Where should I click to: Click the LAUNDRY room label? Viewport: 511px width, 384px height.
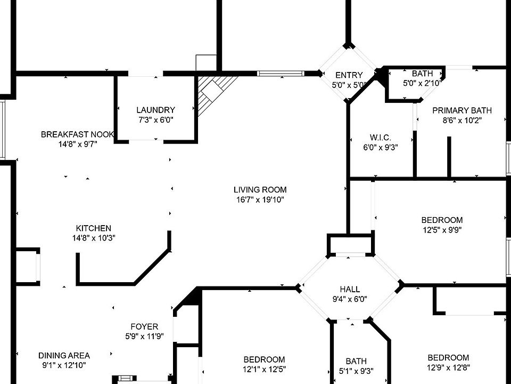tap(156, 110)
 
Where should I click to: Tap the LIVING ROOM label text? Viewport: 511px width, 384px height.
tap(260, 190)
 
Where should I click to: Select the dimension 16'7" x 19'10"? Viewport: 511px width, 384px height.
tap(260, 199)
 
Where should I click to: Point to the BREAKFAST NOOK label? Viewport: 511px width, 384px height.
tap(77, 134)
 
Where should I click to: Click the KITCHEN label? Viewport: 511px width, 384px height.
tap(94, 228)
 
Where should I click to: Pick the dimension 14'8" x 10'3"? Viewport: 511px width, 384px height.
tap(94, 238)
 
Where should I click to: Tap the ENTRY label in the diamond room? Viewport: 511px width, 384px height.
tap(349, 75)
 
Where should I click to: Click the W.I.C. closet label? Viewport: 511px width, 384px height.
tap(380, 138)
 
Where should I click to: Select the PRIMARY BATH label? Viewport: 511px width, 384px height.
tap(462, 110)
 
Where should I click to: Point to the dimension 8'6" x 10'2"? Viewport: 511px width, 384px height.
tap(462, 120)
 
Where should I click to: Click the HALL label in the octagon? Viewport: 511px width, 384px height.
tap(350, 289)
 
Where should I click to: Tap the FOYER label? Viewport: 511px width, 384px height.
tap(144, 326)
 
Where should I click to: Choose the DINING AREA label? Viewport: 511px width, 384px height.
tap(64, 355)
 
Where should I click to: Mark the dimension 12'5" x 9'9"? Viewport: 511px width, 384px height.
tap(442, 230)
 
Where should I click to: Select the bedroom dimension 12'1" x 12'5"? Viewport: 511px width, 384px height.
tap(265, 369)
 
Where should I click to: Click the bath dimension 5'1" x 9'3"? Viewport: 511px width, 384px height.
tap(356, 371)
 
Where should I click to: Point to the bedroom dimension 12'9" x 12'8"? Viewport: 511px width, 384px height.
tap(448, 367)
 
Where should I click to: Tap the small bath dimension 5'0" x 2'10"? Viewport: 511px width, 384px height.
tap(422, 83)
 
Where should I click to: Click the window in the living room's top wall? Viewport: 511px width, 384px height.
tap(281, 74)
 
